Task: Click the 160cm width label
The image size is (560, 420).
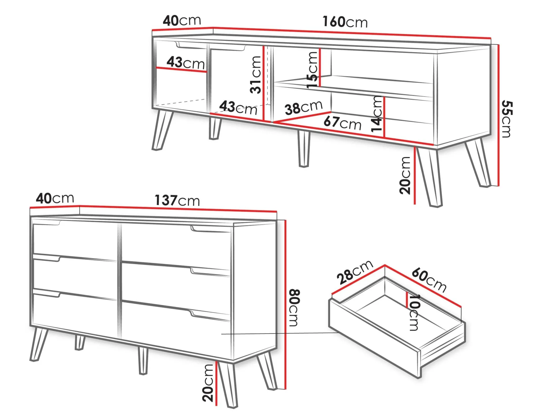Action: click(345, 22)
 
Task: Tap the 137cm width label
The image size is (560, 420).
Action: click(177, 200)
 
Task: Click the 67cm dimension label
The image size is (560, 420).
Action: click(342, 122)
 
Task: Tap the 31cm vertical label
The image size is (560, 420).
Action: click(256, 75)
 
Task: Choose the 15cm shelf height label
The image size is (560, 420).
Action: click(312, 70)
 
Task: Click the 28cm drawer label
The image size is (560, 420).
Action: click(355, 272)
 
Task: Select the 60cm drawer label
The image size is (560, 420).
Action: click(429, 280)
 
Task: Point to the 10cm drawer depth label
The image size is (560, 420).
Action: click(414, 313)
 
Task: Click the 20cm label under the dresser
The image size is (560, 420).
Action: click(208, 383)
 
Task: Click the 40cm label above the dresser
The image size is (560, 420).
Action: click(55, 198)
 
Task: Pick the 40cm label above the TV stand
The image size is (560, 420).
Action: click(182, 20)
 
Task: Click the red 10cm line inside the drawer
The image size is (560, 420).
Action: click(407, 300)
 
